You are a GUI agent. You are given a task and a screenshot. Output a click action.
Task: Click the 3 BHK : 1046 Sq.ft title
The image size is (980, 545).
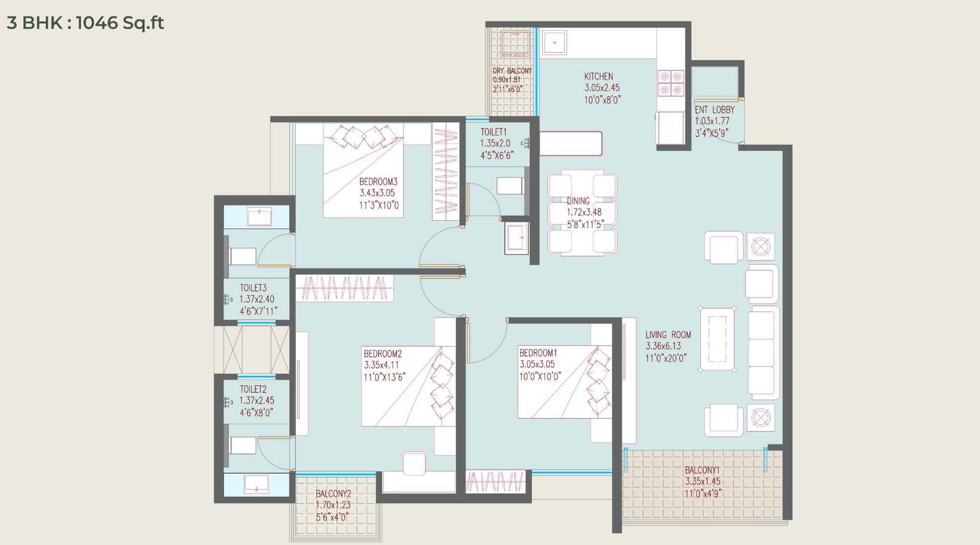click(x=85, y=23)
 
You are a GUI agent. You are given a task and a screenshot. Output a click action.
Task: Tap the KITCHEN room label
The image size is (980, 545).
click(x=598, y=77)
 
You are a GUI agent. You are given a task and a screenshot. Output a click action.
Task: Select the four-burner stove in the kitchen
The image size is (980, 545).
click(x=671, y=83)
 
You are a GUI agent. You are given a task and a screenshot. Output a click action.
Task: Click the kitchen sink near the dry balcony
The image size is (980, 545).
click(x=554, y=43)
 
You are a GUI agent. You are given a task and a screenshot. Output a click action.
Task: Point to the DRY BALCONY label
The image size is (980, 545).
click(x=512, y=71)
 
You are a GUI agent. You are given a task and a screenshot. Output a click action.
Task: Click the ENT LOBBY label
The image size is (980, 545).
click(x=714, y=110)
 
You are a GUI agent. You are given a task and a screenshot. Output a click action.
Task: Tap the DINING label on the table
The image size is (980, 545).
click(x=578, y=201)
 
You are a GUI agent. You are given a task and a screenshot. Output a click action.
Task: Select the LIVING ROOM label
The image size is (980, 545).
click(x=668, y=335)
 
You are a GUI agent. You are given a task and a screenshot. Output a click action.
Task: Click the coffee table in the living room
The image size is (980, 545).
click(x=717, y=339)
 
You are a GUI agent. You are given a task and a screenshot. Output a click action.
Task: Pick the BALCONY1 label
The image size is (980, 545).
click(x=702, y=470)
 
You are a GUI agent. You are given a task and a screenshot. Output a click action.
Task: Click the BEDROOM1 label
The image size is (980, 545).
click(x=538, y=353)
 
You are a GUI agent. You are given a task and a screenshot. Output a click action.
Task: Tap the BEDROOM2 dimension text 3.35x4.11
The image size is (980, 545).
click(x=380, y=365)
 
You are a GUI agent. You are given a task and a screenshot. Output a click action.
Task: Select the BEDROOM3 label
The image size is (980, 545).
click(x=378, y=181)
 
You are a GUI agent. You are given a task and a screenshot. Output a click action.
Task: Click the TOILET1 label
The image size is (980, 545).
click(x=493, y=132)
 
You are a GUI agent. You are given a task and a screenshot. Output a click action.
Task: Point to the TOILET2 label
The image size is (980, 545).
click(x=253, y=389)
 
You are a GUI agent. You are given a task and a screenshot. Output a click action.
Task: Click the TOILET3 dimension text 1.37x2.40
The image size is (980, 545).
click(x=257, y=299)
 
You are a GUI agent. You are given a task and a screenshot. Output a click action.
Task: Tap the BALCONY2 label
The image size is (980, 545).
click(x=333, y=494)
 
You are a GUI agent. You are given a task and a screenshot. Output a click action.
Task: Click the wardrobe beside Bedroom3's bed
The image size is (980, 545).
click(x=446, y=172)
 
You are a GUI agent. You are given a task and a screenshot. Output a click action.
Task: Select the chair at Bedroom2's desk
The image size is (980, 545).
click(x=415, y=463)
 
